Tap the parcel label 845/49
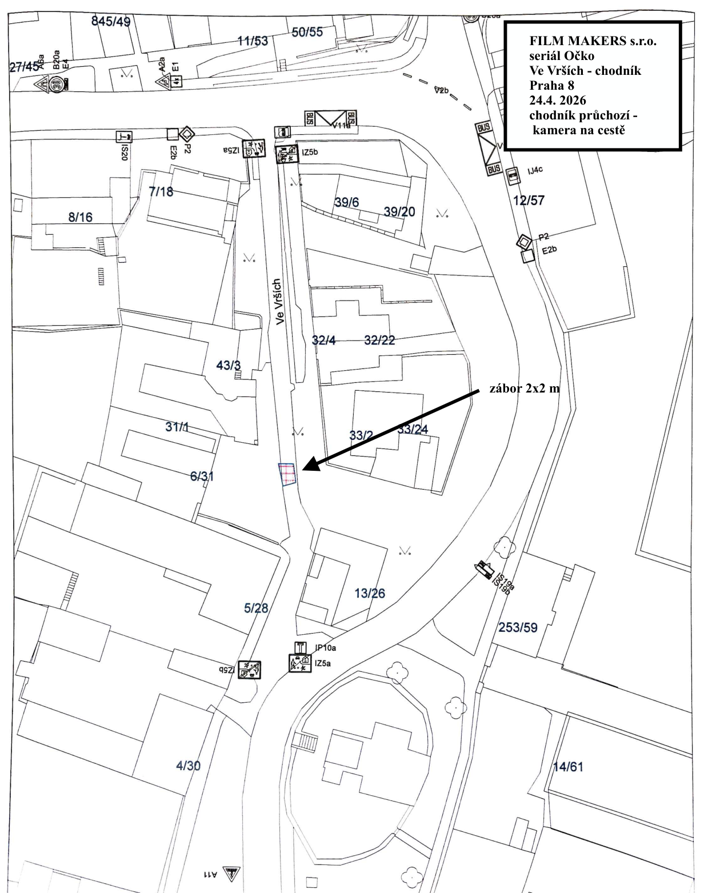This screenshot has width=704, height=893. (111, 22)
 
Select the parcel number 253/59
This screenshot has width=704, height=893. (518, 627)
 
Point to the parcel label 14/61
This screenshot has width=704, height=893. (568, 767)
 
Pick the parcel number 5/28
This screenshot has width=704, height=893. (256, 608)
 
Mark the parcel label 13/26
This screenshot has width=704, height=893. (370, 593)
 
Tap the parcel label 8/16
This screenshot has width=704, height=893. (80, 217)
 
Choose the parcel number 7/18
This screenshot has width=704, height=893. (161, 192)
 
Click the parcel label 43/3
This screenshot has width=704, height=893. (229, 365)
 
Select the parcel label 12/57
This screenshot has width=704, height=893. (529, 200)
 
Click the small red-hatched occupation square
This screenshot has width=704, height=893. (287, 474)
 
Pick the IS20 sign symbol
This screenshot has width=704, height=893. (124, 136)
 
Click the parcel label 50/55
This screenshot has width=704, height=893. (307, 32)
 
